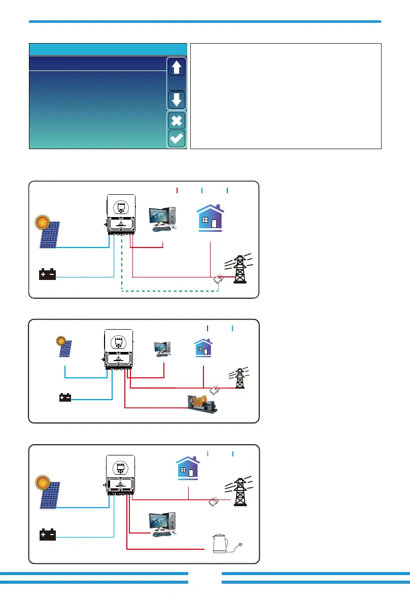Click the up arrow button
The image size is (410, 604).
177,67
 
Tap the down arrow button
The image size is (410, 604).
177,99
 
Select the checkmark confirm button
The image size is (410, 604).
177,139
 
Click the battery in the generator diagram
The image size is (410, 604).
65,398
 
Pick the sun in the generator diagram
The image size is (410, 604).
60,340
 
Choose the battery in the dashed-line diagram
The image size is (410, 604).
48,275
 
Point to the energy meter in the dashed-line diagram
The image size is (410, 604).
219,279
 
